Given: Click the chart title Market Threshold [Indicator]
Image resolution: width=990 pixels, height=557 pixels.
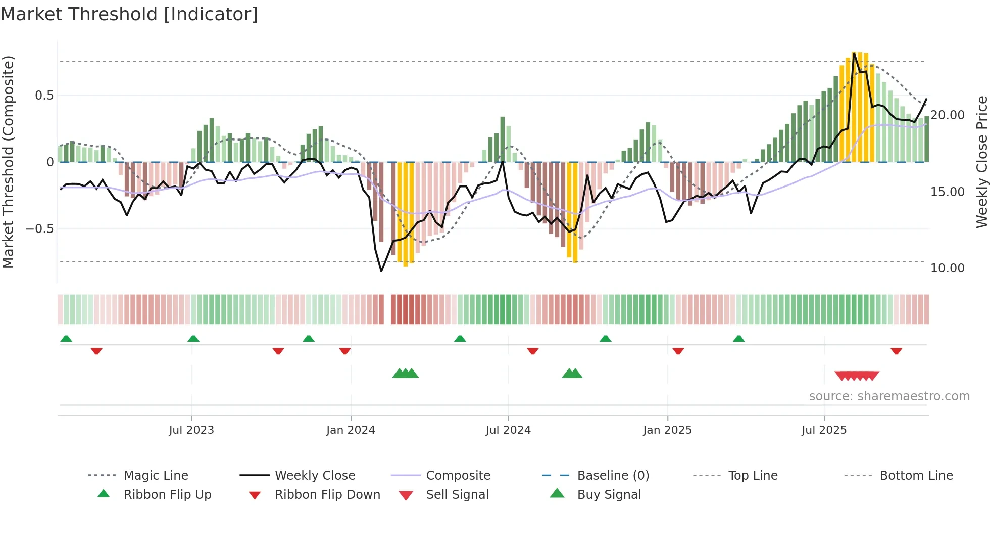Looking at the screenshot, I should coord(129,14).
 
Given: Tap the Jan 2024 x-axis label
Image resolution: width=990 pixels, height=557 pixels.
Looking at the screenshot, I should coord(351,430).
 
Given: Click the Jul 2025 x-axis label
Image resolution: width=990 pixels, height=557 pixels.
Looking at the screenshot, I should coord(824,430).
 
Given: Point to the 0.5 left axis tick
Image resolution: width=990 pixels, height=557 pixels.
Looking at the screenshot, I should coord(44,96).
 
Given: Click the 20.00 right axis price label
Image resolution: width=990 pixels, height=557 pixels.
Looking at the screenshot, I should coord(948,115).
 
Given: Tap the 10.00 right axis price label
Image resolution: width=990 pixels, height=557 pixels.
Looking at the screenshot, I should coord(948,268).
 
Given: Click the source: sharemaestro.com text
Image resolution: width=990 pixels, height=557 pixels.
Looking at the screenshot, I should coord(889,396).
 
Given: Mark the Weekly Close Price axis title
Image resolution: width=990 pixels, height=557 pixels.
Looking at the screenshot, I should coord(981,162).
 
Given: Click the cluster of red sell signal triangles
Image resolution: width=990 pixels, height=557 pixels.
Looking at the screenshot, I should coord(857,376).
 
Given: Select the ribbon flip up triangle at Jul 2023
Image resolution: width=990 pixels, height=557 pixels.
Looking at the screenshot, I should coord(193,339).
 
